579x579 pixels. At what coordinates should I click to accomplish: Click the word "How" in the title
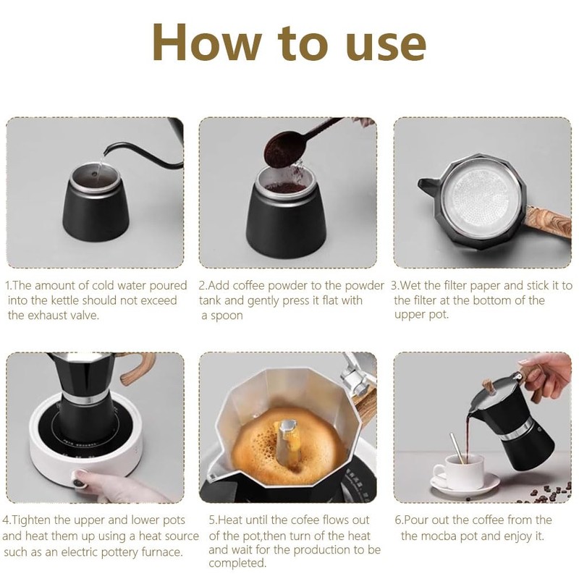[207, 42]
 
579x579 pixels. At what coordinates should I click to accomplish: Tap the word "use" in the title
[386, 46]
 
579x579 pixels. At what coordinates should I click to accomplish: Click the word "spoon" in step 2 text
[227, 316]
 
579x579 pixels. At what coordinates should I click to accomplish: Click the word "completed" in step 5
[237, 564]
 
